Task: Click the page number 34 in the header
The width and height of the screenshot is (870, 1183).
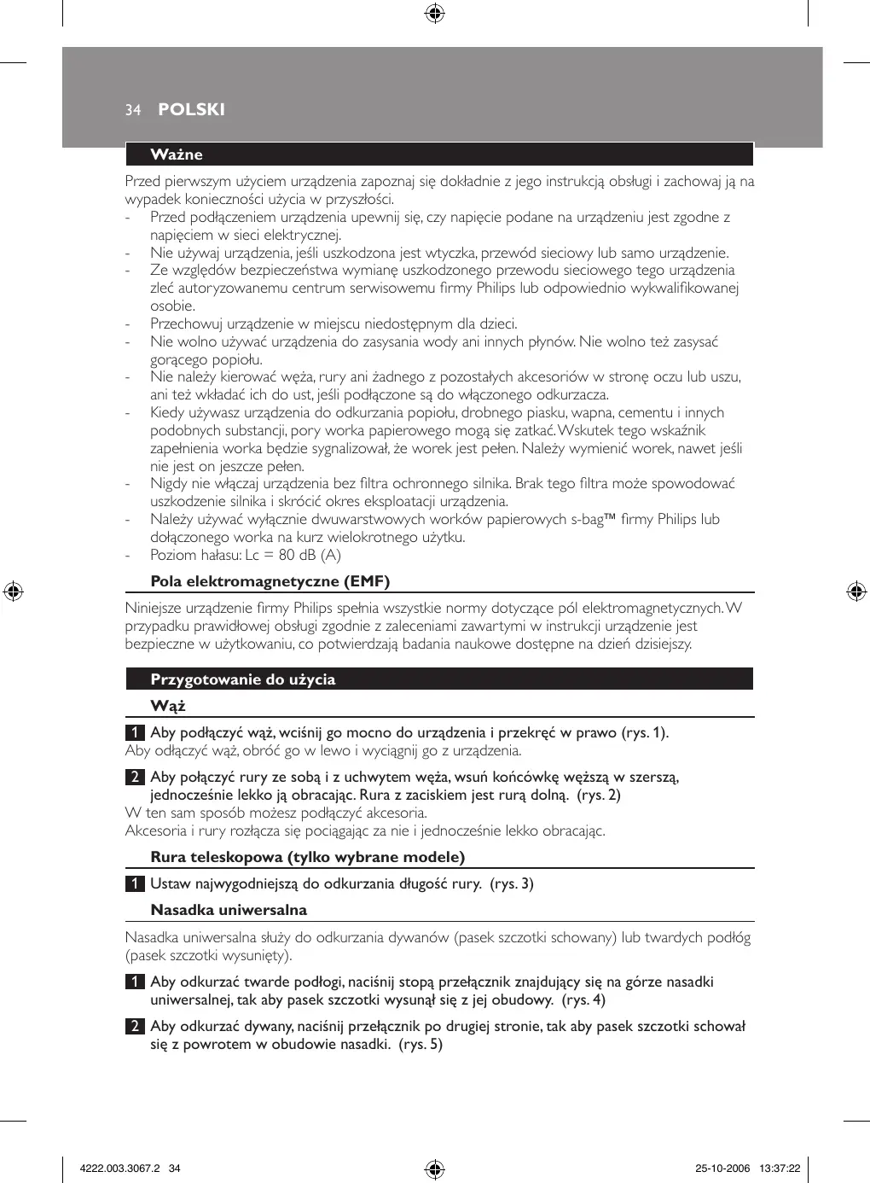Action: (132, 110)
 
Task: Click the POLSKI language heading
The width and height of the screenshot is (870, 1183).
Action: (191, 109)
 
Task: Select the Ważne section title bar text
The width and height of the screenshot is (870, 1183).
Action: (177, 154)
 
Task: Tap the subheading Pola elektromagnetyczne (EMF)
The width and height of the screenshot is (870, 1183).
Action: (270, 582)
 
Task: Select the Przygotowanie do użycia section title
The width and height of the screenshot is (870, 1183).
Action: (243, 679)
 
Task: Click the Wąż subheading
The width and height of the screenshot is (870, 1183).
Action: (168, 706)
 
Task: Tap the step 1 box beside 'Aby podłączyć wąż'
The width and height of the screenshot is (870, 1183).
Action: (135, 733)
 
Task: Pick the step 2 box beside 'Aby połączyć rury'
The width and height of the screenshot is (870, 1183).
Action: (135, 778)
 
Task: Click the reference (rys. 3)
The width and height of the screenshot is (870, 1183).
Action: (512, 884)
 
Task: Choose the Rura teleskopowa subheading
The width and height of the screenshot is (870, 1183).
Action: (307, 857)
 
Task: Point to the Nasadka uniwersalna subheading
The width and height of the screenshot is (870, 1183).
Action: (229, 910)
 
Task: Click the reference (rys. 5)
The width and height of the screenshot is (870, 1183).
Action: (420, 1045)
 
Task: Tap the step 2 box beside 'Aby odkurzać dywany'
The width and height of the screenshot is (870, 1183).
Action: (135, 1027)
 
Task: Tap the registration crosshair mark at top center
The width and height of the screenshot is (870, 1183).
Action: (434, 14)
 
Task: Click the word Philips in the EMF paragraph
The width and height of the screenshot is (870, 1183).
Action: (312, 609)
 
